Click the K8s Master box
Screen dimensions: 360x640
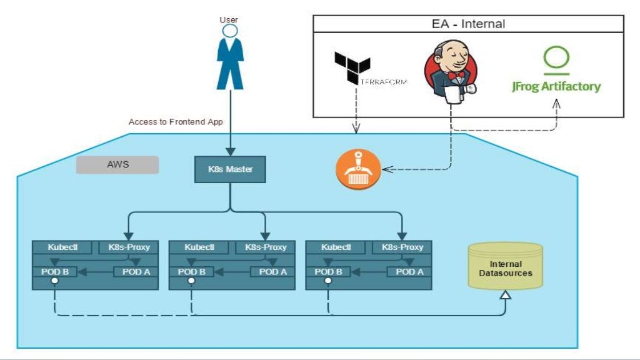pyautogui.click(x=230, y=169)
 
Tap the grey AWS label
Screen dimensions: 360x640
pyautogui.click(x=117, y=165)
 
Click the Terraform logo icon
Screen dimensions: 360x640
pyautogui.click(x=352, y=67)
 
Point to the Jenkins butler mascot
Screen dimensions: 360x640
pyautogui.click(x=451, y=68)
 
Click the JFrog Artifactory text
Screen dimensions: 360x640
pyautogui.click(x=556, y=87)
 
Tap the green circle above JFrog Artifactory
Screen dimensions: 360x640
pyautogui.click(x=556, y=57)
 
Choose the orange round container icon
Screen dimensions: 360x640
pyautogui.click(x=357, y=169)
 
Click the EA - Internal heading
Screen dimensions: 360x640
pyautogui.click(x=468, y=24)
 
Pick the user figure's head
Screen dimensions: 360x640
pyautogui.click(x=229, y=31)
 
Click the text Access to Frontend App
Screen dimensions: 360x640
pyautogui.click(x=176, y=122)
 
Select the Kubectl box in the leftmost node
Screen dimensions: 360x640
pyautogui.click(x=62, y=247)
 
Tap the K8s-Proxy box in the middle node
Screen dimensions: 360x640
pyautogui.click(x=266, y=247)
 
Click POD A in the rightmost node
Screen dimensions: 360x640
pyautogui.click(x=409, y=272)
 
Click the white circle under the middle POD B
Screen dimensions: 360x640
pyautogui.click(x=191, y=281)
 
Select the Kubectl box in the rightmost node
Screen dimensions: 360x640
pyautogui.click(x=336, y=247)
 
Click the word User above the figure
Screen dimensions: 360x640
pyautogui.click(x=229, y=19)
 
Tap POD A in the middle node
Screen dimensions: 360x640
pyautogui.click(x=272, y=272)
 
